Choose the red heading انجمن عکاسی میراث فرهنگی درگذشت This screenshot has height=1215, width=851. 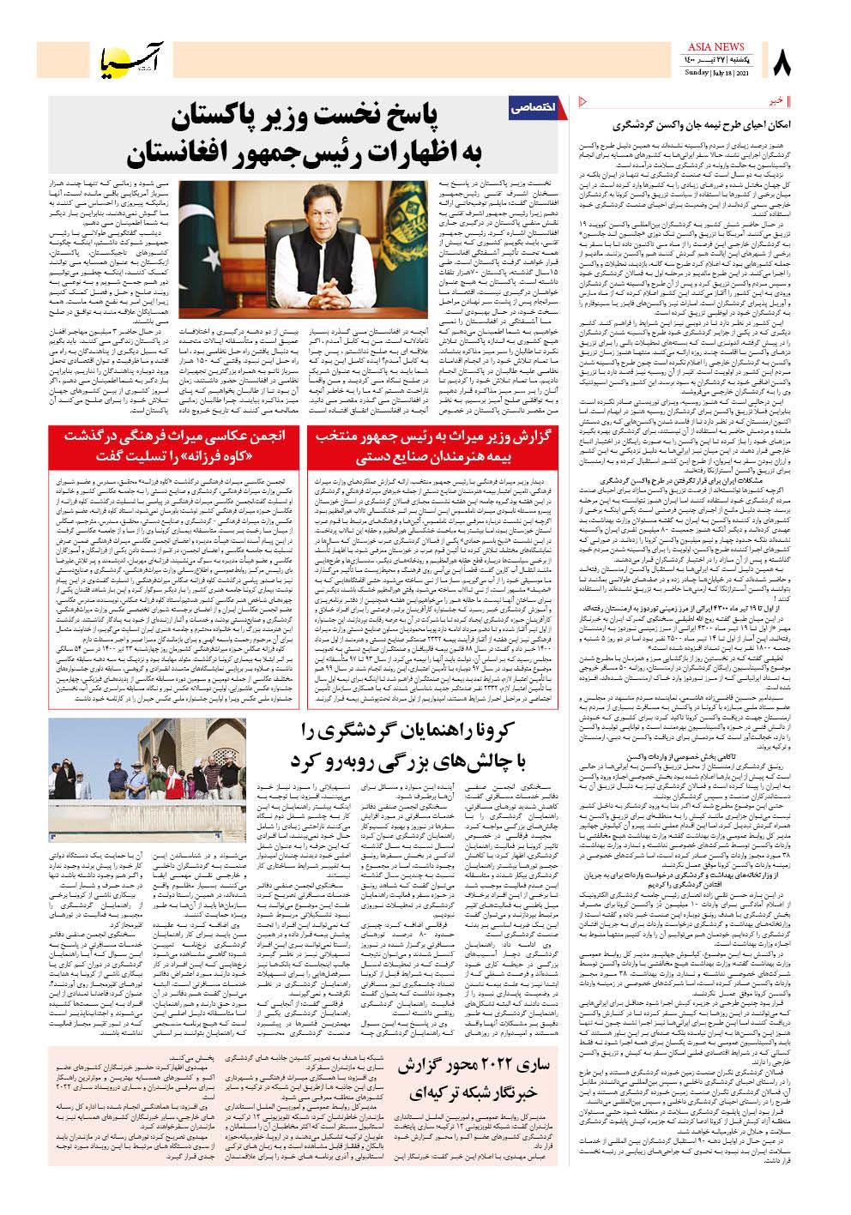click(170, 436)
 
